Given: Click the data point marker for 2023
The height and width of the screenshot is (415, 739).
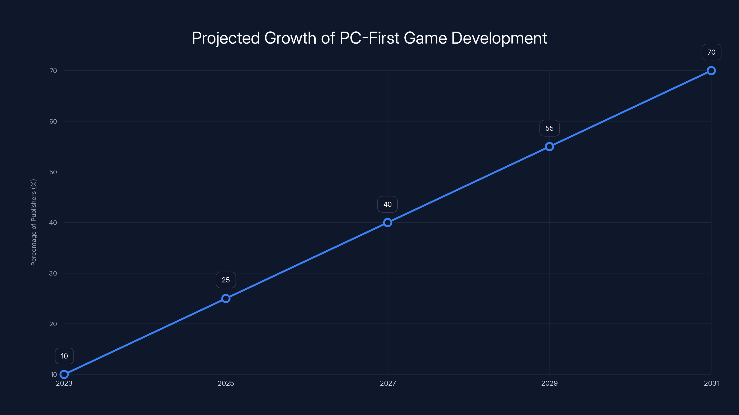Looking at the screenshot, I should [64, 374].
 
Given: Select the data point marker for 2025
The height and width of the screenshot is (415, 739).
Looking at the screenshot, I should [226, 298].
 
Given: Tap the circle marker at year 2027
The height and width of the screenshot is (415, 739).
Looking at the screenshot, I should [388, 222].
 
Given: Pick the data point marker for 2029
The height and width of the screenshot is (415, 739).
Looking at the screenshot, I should [549, 147].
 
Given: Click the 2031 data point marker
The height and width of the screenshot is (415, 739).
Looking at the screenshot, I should [711, 71].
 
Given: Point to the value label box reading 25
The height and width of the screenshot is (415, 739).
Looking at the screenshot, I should [226, 280].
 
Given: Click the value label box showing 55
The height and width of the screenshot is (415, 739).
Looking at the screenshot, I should [549, 128].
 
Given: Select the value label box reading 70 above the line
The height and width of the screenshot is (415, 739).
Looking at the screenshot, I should [711, 52].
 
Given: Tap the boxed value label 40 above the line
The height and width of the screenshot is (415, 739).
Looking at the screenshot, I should [387, 204].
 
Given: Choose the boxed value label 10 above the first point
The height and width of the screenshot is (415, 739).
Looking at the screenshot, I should [64, 356].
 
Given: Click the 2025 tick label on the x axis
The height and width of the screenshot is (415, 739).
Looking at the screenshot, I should [226, 383].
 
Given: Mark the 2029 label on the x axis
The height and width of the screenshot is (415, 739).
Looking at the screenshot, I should [549, 383].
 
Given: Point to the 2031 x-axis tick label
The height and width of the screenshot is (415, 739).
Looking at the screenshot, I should [711, 383].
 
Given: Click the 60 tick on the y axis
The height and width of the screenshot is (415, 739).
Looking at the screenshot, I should [53, 122].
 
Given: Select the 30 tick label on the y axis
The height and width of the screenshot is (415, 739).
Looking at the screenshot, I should [53, 273].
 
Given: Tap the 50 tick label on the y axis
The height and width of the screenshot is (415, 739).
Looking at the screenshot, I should [53, 172].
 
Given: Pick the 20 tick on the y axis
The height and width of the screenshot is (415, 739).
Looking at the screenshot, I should [53, 324].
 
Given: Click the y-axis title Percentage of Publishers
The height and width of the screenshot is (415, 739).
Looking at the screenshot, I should [33, 222].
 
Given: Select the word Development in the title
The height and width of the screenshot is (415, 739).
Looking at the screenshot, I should [499, 38].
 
